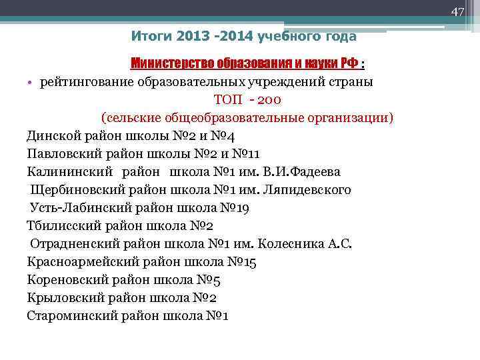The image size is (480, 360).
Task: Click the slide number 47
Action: click(x=457, y=11)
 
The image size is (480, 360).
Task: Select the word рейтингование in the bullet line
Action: click(x=87, y=82)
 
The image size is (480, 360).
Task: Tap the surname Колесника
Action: click(x=289, y=244)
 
